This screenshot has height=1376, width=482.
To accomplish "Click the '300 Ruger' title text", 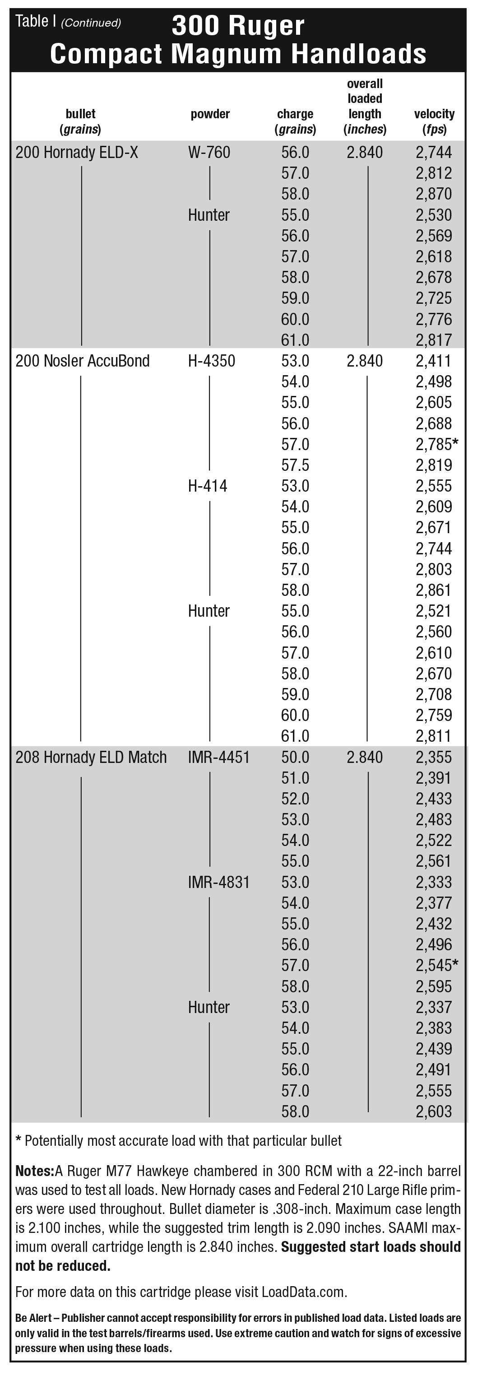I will click(x=238, y=26).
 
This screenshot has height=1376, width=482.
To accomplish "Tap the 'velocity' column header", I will click(x=434, y=114).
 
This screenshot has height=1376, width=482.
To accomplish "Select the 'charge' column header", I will click(x=295, y=114).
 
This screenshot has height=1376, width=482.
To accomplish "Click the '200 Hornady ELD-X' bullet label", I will click(x=77, y=153).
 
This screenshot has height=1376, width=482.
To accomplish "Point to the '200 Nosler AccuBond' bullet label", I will click(x=82, y=361).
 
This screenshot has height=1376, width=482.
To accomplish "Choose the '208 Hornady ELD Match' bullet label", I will click(x=91, y=758).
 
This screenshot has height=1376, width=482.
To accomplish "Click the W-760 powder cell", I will click(x=209, y=153).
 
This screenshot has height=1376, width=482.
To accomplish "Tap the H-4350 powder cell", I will click(x=211, y=361).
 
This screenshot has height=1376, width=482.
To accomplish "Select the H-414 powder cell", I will click(x=208, y=486).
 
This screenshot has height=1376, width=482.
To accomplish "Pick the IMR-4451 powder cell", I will click(x=219, y=758).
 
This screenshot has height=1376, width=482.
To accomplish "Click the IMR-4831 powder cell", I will click(x=219, y=883).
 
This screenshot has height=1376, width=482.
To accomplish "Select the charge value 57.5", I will click(x=295, y=465).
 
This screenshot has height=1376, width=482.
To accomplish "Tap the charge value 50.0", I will click(x=295, y=758).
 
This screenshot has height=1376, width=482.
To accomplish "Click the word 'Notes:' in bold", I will click(x=35, y=1171).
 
